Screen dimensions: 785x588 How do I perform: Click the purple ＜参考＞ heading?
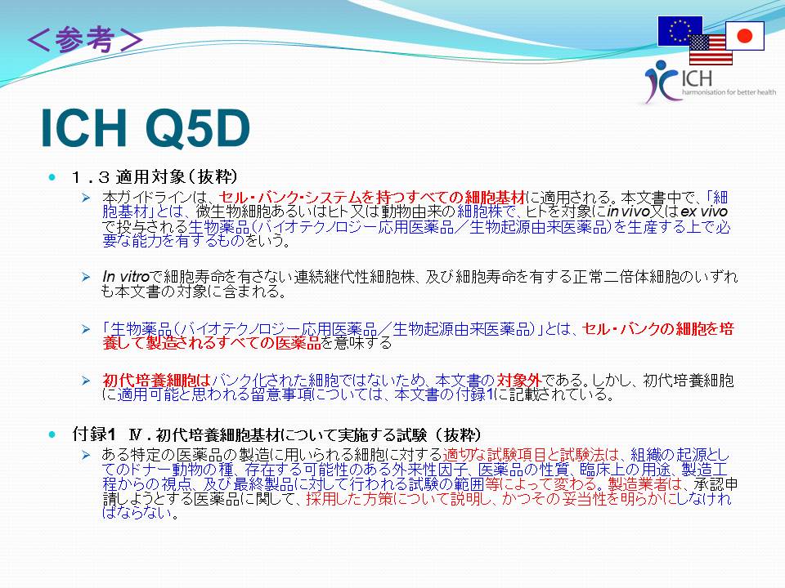click(x=85, y=40)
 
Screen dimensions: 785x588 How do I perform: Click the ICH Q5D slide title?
click(x=146, y=128)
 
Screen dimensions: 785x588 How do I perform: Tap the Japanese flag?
click(x=745, y=35)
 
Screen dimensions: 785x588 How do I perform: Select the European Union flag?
click(x=680, y=31)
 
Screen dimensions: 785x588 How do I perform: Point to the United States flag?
click(x=711, y=50)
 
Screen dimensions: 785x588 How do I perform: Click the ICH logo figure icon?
click(x=661, y=81)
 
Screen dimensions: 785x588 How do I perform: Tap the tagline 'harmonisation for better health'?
click(x=729, y=92)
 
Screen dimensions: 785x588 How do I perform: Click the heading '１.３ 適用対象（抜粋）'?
click(x=155, y=176)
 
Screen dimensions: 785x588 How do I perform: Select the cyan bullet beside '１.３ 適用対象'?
click(x=52, y=177)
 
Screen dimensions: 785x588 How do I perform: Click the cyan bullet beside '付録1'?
click(x=52, y=434)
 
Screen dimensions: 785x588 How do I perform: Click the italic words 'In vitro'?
click(x=126, y=277)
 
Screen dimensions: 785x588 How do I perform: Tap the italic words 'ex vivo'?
click(x=704, y=212)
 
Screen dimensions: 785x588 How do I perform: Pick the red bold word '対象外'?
click(x=518, y=381)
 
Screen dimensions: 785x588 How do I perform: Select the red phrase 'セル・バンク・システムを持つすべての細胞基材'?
click(x=372, y=197)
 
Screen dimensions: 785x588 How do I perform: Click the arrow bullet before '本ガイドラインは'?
click(x=86, y=198)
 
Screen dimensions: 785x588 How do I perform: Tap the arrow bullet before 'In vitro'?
click(x=86, y=277)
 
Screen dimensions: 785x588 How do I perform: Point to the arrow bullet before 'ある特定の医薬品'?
click(x=86, y=455)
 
